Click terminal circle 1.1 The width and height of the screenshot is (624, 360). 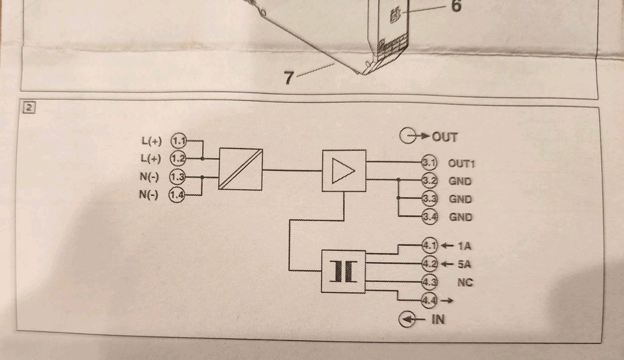(179, 140)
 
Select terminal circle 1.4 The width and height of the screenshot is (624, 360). (178, 195)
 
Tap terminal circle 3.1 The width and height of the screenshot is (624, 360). (429, 163)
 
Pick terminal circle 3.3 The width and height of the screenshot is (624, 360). (429, 200)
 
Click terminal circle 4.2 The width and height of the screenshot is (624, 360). (429, 263)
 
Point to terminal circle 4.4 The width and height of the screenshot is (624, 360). (429, 301)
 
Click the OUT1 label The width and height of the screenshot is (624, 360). (462, 164)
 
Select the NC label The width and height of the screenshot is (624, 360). (464, 283)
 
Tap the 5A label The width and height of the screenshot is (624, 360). (464, 264)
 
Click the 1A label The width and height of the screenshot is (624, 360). (464, 245)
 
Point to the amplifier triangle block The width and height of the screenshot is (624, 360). (343, 170)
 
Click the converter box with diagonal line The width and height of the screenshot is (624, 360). (240, 169)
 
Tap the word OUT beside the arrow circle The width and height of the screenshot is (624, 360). (444, 137)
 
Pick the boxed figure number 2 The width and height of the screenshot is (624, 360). (29, 107)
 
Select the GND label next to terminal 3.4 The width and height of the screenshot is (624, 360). (461, 218)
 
